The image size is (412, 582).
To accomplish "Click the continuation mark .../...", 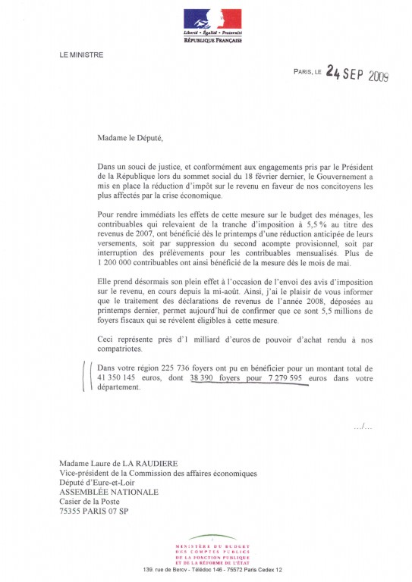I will (363, 427).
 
